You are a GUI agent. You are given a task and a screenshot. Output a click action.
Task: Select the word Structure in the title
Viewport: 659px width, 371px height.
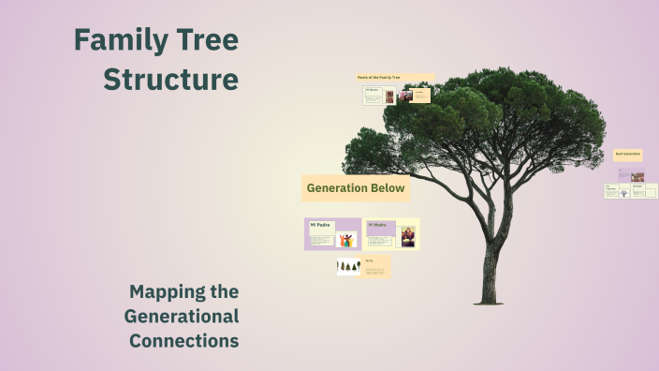170,80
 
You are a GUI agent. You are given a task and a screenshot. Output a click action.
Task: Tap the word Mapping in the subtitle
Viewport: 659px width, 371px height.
183,292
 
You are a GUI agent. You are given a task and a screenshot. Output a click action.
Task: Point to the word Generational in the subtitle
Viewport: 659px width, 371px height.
182,317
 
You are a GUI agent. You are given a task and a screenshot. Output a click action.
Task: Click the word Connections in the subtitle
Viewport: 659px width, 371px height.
184,341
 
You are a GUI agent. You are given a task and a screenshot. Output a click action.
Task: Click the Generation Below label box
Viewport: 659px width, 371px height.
356,188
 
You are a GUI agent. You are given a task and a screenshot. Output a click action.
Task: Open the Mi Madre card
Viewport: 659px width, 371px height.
392,234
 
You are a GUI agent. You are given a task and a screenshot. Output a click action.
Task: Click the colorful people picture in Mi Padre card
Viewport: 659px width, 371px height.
346,239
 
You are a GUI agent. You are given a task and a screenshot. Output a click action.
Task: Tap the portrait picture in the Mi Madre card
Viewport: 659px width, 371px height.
408,236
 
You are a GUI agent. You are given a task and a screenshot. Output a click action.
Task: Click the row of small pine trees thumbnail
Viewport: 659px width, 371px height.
349,267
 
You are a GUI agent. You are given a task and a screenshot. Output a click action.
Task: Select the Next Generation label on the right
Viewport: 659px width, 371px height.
628,155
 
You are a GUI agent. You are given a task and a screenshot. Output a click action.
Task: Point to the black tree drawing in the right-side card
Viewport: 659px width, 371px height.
623,193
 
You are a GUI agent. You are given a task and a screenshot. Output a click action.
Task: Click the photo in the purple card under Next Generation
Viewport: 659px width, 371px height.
637,176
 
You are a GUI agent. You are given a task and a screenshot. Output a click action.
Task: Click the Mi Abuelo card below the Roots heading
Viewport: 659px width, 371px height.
372,95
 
